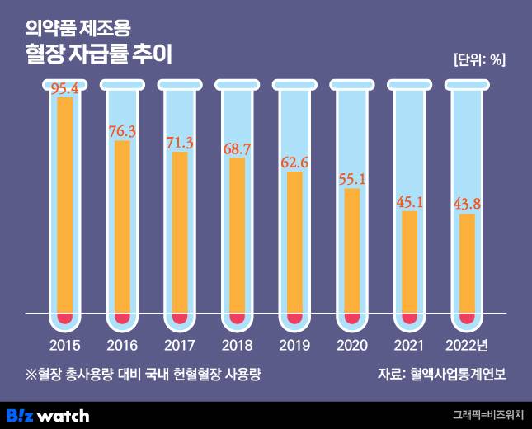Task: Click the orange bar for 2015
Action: click(x=65, y=206)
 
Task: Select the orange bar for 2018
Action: click(x=238, y=235)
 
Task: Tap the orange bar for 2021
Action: click(x=410, y=262)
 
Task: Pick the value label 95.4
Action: click(x=65, y=89)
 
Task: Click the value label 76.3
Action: click(x=122, y=130)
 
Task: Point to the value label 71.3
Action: click(x=180, y=142)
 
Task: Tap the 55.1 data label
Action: click(x=352, y=178)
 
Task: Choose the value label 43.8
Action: click(x=467, y=204)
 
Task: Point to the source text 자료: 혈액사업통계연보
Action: click(x=441, y=374)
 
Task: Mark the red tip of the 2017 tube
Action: click(x=180, y=317)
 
